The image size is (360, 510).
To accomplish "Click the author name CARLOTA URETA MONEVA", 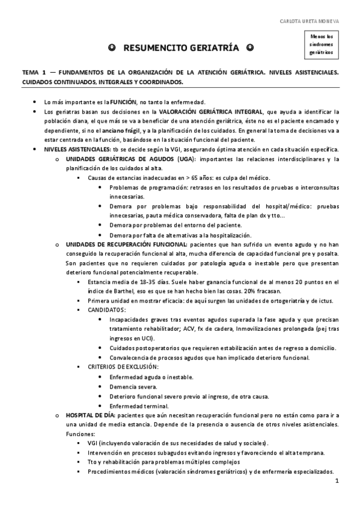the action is tap(309, 21).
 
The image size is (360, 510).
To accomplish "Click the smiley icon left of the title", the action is tap(112, 48).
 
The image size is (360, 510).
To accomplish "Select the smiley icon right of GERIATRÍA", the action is tap(249, 48).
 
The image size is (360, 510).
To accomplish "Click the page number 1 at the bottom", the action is tap(337, 481).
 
